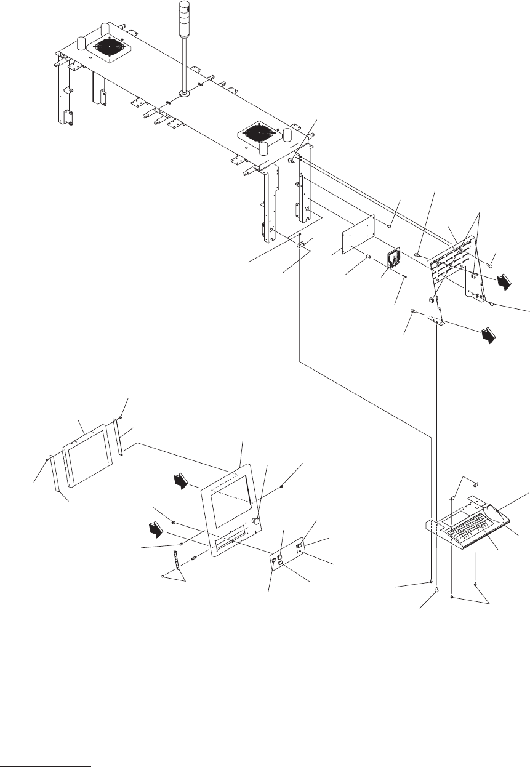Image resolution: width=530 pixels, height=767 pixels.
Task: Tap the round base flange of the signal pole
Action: click(x=183, y=94)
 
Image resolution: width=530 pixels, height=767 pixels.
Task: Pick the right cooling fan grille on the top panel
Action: click(x=260, y=133)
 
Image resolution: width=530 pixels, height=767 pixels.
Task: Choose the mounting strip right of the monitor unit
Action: click(x=118, y=437)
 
